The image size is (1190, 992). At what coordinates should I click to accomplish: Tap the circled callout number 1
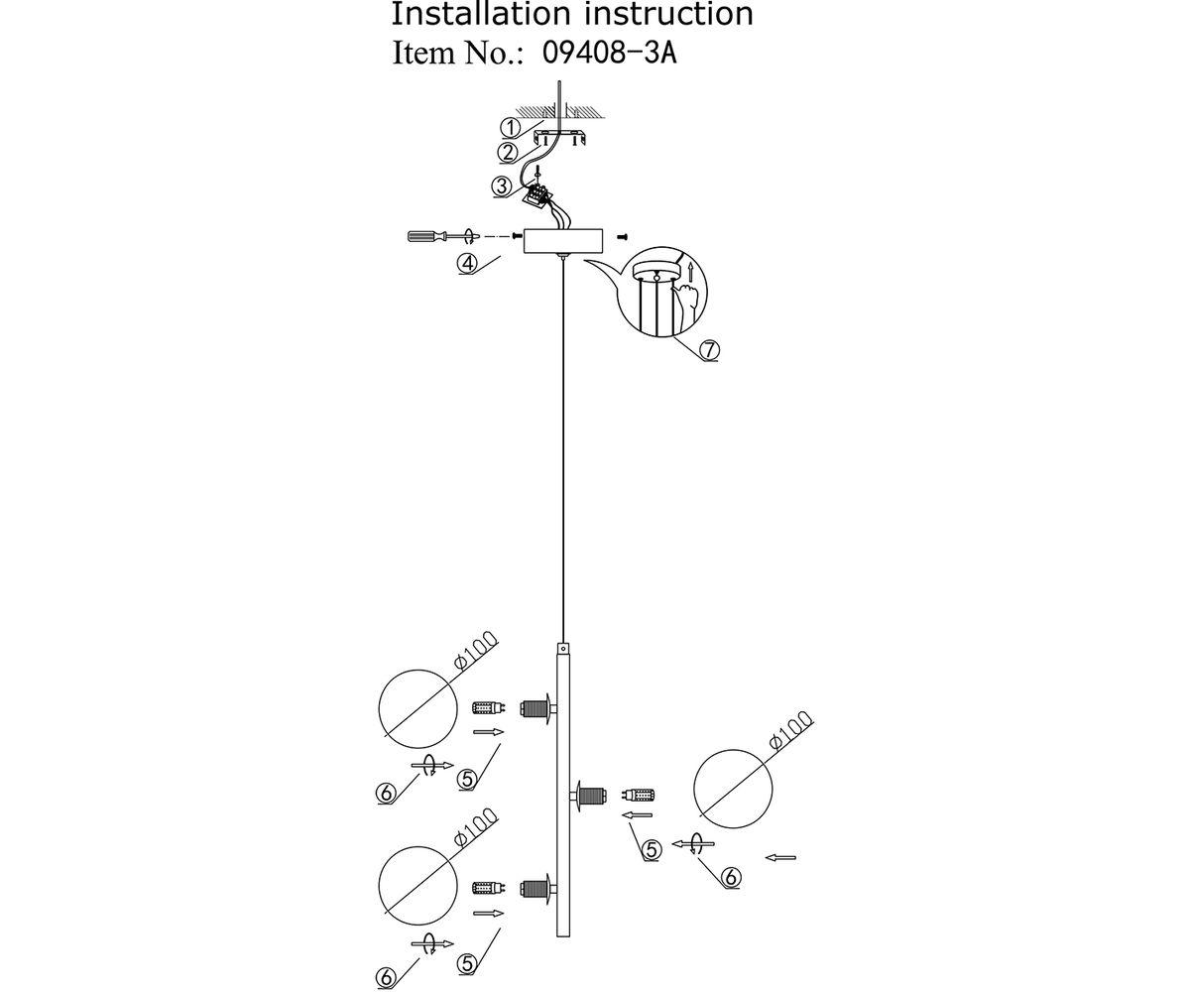click(509, 127)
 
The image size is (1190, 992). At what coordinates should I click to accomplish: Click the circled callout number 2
click(508, 152)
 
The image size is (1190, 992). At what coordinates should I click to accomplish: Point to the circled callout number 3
click(503, 186)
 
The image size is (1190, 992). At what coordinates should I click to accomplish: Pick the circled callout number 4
click(469, 263)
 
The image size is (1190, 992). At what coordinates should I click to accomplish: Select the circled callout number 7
click(708, 349)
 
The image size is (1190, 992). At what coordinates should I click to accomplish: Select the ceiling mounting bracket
click(562, 136)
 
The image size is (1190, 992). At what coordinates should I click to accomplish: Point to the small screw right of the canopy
click(623, 237)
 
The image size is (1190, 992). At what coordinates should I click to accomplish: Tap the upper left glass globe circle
click(418, 708)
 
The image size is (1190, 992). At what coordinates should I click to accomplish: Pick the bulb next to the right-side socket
click(639, 795)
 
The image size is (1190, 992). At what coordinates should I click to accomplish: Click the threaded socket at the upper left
click(536, 708)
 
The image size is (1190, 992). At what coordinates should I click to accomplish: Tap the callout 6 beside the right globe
click(730, 877)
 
